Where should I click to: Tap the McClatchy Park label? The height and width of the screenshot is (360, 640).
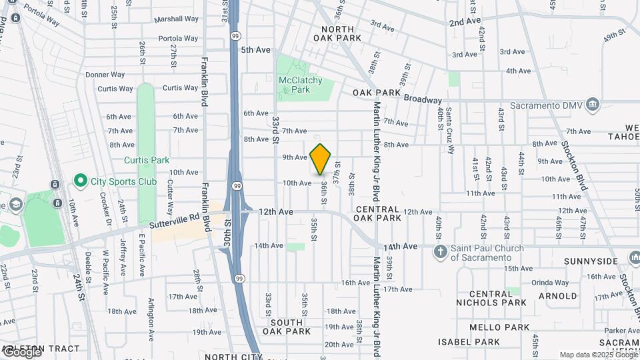300,85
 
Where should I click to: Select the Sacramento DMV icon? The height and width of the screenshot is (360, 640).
593,105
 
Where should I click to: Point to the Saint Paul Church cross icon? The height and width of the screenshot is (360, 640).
440,251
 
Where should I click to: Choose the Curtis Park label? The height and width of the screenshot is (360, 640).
147,160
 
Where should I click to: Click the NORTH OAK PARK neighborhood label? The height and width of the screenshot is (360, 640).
341,33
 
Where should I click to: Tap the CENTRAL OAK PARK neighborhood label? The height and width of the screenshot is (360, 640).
377,213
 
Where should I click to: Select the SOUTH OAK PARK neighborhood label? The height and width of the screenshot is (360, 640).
287,327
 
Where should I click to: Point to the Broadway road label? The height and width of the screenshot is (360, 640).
423,99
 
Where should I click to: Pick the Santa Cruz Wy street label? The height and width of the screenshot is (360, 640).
450,130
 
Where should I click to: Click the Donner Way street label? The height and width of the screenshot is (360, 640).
105,75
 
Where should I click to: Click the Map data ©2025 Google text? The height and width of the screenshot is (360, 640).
597,355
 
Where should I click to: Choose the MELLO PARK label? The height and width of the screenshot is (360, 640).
499,327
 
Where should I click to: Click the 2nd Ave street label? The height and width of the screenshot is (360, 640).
465,22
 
